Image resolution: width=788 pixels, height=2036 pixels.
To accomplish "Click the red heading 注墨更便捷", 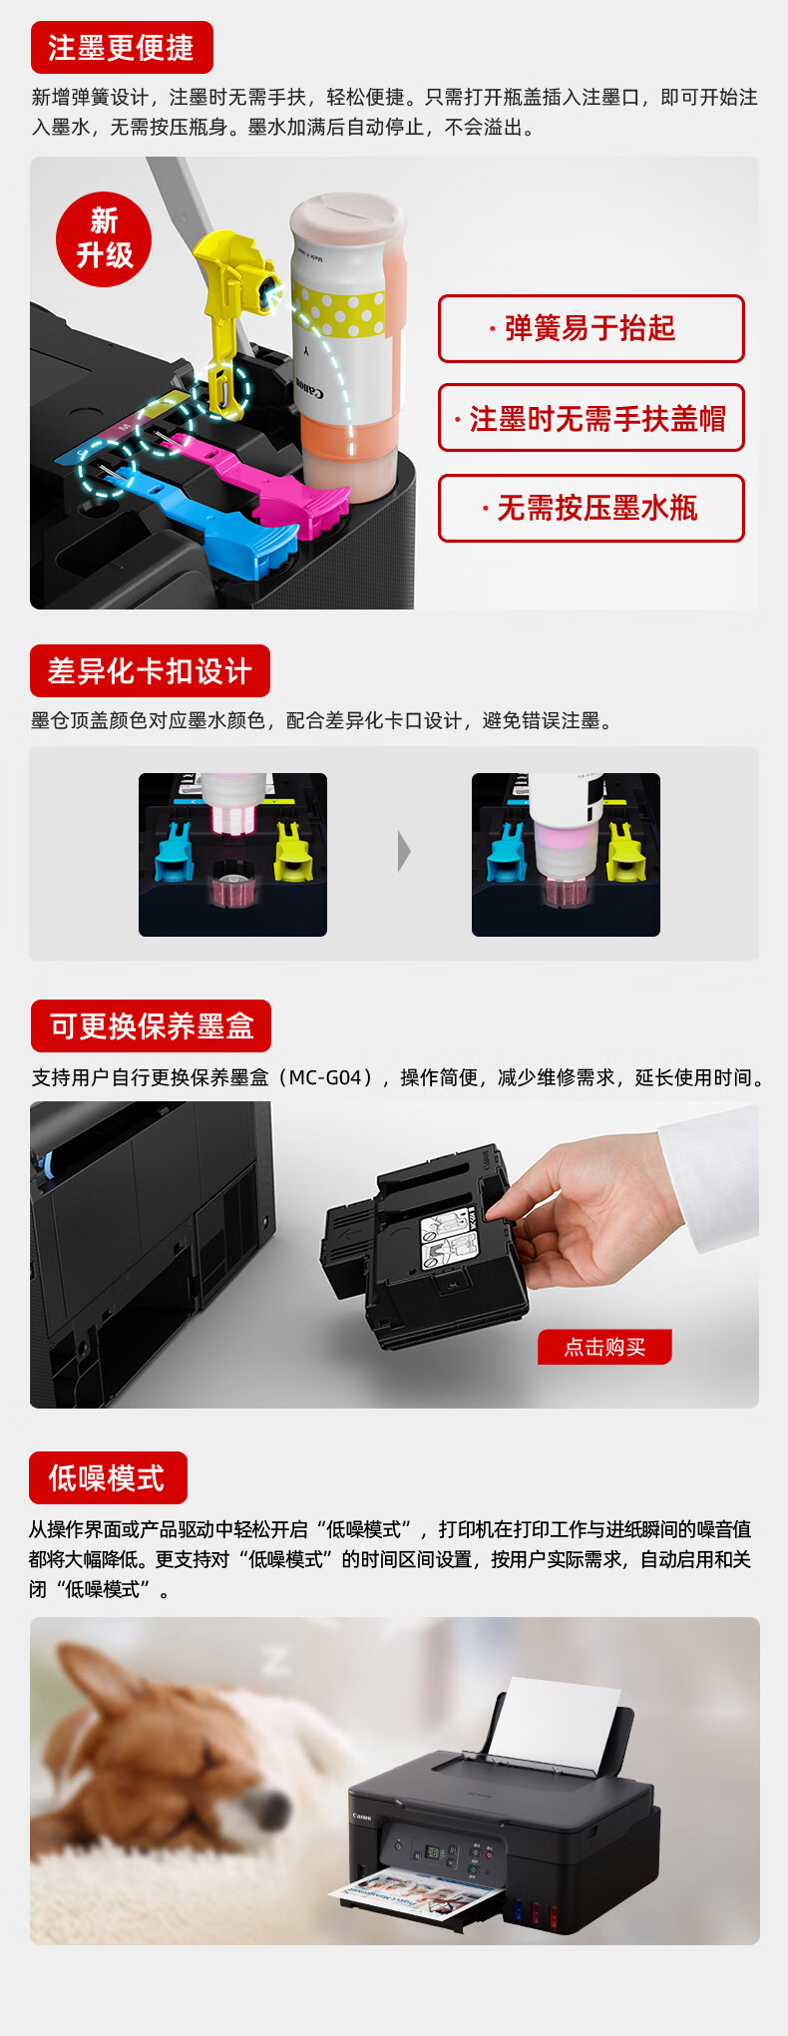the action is click(x=122, y=47).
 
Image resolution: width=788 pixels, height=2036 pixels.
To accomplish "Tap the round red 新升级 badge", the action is click(x=104, y=239).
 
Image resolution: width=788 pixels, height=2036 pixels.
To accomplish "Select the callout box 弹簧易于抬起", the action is click(x=591, y=328).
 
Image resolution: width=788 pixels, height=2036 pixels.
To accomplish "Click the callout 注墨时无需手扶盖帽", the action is click(x=591, y=418).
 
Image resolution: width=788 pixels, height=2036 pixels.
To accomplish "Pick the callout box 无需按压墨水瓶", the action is click(x=591, y=509).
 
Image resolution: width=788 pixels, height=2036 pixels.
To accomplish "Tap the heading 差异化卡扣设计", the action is click(x=150, y=670).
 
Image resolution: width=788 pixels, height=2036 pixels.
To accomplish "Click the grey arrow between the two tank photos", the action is click(x=404, y=852).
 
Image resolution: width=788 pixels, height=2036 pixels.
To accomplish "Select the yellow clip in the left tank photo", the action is click(x=293, y=850).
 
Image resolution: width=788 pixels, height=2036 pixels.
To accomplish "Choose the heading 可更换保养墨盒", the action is click(x=151, y=1025).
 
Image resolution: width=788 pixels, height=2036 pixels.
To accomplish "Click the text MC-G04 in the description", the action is click(x=325, y=1077).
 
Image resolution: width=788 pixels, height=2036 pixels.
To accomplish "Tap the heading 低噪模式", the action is click(x=109, y=1477).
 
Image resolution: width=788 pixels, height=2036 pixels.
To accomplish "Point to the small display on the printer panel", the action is click(x=434, y=1852).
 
